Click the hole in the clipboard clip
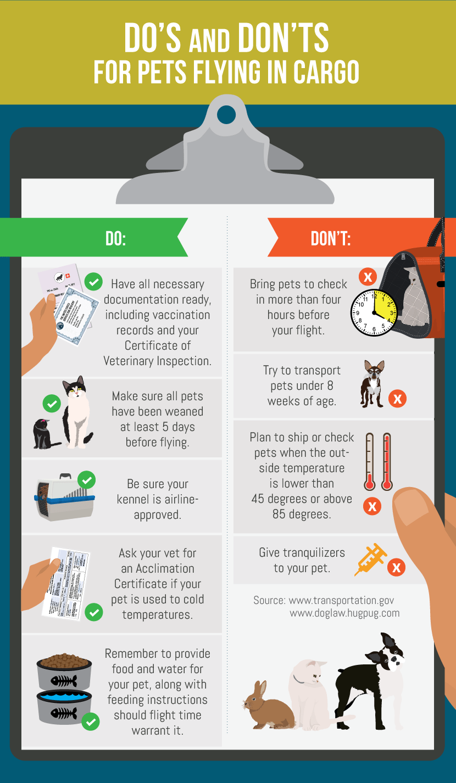click(226, 114)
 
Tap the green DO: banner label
click(116, 239)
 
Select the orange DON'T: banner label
click(330, 239)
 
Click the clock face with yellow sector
click(374, 312)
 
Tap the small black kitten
click(44, 434)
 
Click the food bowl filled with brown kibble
click(64, 671)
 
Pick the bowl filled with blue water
click(64, 707)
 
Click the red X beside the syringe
click(396, 567)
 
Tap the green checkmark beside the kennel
click(87, 480)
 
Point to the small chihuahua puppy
click(373, 384)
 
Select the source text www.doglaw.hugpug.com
click(344, 613)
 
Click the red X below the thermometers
click(372, 506)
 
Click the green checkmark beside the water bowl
click(91, 722)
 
